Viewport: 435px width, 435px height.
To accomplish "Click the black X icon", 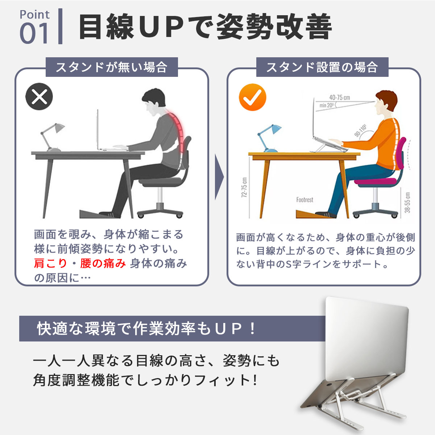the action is click(39, 96).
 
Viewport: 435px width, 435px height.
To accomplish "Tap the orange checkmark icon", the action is click(252, 97).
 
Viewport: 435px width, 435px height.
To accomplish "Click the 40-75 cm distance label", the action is click(340, 98).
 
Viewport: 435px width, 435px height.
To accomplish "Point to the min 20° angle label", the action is click(326, 105).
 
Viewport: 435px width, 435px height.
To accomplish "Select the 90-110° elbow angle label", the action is click(361, 131).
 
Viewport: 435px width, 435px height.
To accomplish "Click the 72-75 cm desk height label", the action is click(244, 187).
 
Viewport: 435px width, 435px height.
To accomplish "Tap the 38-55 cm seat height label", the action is click(407, 203).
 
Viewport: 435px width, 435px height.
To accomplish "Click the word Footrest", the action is click(304, 200).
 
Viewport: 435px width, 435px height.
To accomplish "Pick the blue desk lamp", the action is click(269, 138).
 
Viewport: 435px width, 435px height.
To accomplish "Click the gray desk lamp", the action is click(52, 137).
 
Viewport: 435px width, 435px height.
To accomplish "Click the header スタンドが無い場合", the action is click(112, 67).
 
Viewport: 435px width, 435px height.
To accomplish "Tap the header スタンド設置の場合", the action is click(322, 67).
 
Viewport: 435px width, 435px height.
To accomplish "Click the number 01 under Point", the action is click(34, 33).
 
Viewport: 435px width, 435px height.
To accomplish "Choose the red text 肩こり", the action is click(50, 263).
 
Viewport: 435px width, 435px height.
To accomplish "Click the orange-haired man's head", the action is click(385, 104).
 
